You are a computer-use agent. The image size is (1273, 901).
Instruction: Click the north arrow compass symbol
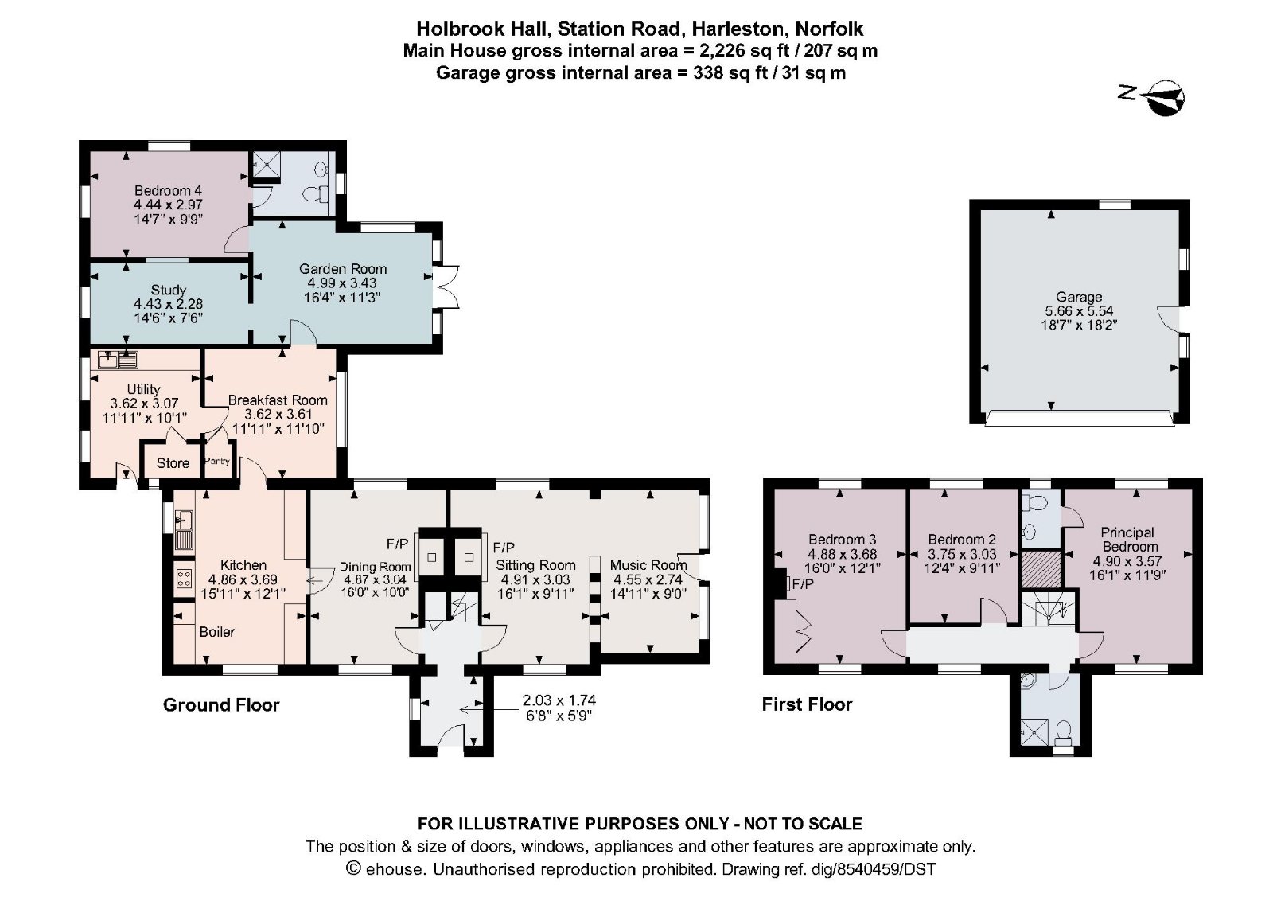coord(1165,98)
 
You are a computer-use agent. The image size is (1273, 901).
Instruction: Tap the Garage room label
coord(1079,297)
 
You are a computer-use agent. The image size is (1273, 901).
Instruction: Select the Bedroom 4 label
coord(168,191)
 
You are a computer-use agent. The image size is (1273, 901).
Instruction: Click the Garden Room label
coord(343,269)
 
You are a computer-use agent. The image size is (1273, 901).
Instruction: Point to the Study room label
coord(168,290)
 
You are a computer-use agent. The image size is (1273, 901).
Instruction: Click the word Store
coord(173,463)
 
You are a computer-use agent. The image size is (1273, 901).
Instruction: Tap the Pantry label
coord(217,462)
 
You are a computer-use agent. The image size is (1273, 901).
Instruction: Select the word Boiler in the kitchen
coord(216,632)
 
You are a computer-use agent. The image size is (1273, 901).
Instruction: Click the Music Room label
coord(648,565)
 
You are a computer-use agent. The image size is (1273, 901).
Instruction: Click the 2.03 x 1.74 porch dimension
coord(559,701)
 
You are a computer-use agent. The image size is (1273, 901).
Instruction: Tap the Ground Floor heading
coord(221,705)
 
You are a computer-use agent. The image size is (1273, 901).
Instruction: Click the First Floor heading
coord(807,704)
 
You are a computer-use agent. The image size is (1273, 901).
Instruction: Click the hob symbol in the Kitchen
coord(184,578)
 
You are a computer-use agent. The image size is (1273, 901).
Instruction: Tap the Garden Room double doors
coord(446,287)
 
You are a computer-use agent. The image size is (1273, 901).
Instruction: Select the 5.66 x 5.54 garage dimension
coord(1079,311)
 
